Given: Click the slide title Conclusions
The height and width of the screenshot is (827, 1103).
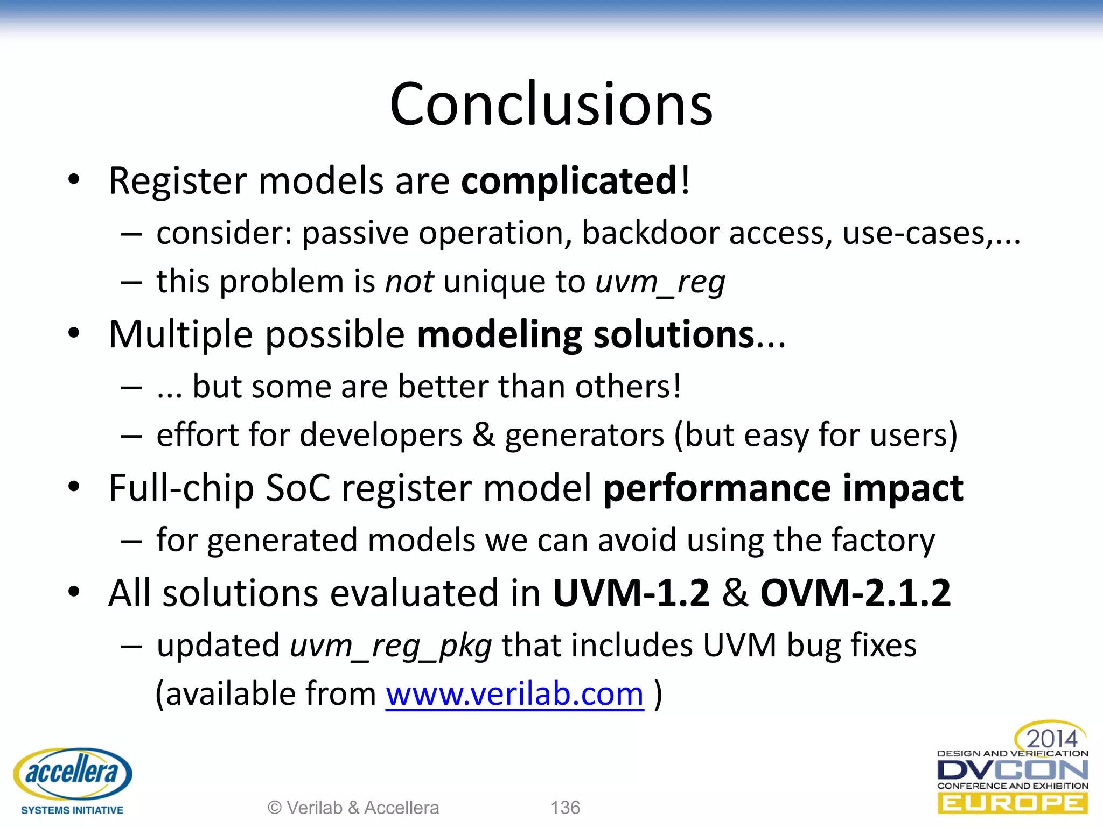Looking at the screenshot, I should tap(551, 103).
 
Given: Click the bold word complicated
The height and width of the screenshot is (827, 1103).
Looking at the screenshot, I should tap(569, 181).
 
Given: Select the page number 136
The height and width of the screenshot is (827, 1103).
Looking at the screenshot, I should tap(565, 808).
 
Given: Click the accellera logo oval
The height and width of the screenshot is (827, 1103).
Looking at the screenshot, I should tap(72, 773).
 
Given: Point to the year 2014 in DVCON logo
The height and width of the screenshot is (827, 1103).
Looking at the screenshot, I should tap(1051, 738).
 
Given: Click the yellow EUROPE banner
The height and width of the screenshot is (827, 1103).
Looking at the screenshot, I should tap(1013, 803).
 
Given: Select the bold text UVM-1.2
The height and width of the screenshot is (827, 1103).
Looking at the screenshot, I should tap(631, 593).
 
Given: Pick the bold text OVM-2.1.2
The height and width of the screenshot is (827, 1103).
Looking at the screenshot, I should tap(855, 593).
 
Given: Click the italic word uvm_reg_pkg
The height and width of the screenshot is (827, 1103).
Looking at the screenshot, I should tap(390, 645).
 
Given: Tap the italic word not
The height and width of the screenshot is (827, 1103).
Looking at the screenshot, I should tap(409, 282).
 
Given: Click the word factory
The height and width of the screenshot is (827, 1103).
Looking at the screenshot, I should tap(883, 540).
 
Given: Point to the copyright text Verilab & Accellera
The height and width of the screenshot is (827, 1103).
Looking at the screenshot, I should tap(353, 808).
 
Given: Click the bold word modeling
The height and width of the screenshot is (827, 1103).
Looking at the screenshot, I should tap(499, 334).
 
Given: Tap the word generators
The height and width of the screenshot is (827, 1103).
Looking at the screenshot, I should tap(584, 435).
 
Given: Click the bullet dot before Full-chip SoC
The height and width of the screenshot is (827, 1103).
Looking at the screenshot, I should tap(74, 487).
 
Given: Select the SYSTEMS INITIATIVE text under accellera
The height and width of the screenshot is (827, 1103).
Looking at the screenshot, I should tap(72, 810).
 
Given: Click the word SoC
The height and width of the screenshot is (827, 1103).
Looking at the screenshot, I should tap(297, 488).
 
